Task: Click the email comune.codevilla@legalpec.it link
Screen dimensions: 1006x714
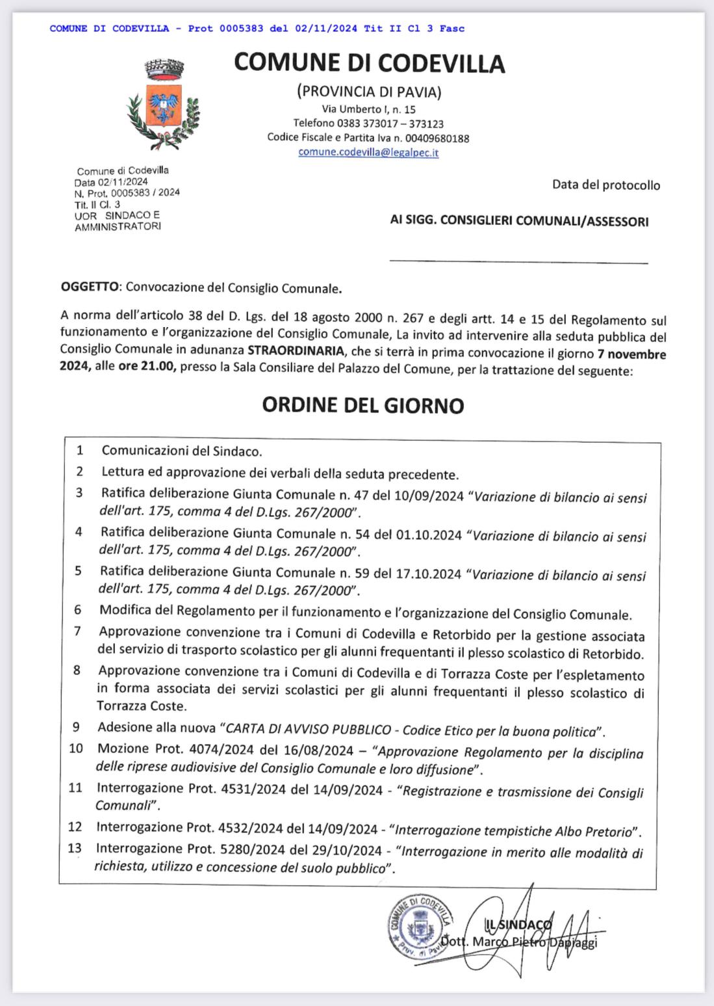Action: point(368,152)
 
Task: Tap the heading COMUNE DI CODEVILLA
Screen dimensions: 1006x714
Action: point(369,63)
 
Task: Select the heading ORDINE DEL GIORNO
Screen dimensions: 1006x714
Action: point(363,405)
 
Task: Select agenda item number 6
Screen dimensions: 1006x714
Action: point(77,610)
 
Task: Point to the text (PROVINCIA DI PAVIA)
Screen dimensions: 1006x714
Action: point(368,92)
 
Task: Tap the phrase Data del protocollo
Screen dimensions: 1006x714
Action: point(606,185)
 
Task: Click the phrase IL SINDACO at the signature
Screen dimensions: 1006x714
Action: point(518,924)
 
